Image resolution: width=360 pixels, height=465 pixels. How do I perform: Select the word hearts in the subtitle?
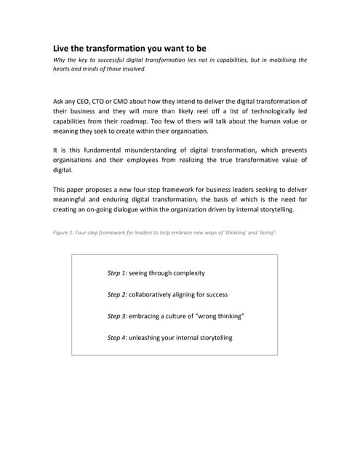(x=64, y=69)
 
